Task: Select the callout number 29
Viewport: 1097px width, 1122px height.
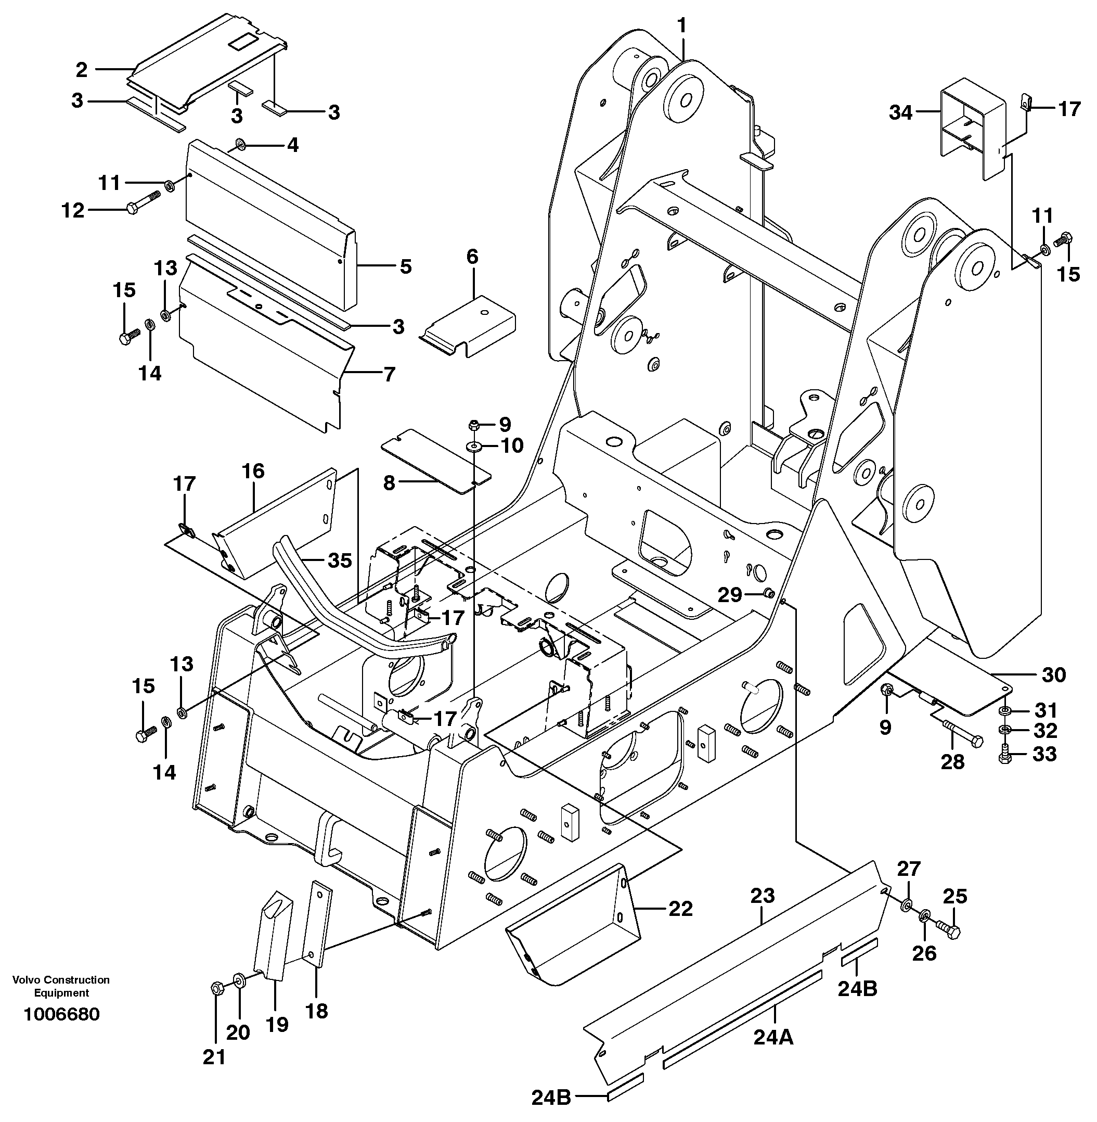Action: [729, 594]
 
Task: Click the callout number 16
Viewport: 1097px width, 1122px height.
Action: [253, 471]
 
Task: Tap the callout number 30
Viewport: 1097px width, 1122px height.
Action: [1054, 674]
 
